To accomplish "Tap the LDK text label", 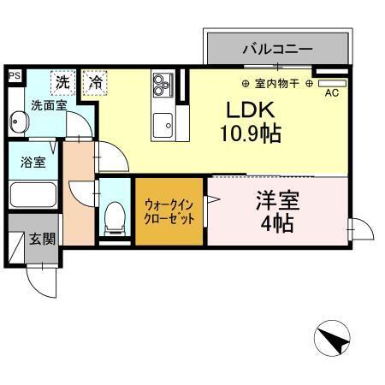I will coord(250,111).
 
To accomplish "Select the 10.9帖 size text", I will coord(250,133).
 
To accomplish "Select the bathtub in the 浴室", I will coord(32,194).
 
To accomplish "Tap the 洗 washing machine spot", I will coord(62,82).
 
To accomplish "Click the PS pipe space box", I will coord(14,76).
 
